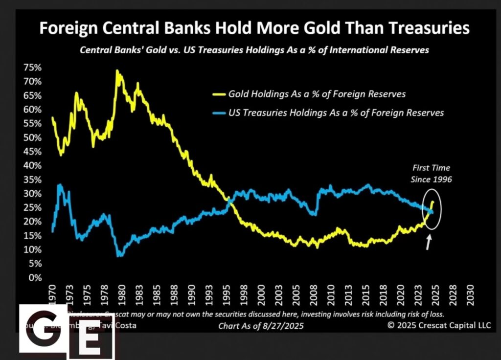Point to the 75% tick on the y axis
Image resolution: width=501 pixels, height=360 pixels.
[x=30, y=67]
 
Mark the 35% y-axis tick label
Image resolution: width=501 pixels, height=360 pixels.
[x=30, y=180]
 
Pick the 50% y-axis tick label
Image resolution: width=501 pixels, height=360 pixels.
[x=30, y=137]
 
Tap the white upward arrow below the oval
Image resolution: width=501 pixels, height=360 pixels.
[x=429, y=243]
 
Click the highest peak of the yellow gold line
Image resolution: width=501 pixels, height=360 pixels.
[x=117, y=71]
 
